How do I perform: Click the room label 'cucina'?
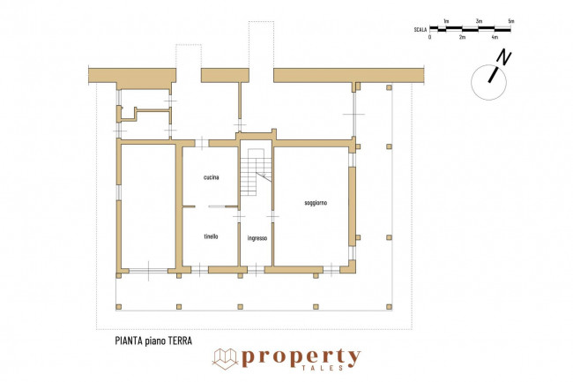(212, 177)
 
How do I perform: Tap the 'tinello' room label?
(211, 236)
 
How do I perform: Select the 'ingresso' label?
(257, 238)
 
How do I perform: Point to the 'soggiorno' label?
(316, 203)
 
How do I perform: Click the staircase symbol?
(257, 172)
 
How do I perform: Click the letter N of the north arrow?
(504, 57)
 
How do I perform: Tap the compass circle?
(488, 83)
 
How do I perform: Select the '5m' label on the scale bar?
(511, 21)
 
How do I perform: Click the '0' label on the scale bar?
(430, 37)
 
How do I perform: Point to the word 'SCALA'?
(420, 30)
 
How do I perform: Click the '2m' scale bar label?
(462, 37)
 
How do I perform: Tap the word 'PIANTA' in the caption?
(129, 341)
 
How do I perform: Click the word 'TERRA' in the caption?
(180, 341)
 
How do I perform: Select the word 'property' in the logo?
(301, 357)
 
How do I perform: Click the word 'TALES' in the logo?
(323, 368)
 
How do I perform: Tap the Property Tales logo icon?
(225, 359)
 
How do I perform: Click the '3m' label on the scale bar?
(479, 21)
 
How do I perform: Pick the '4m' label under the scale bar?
(495, 37)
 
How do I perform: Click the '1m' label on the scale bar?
(446, 21)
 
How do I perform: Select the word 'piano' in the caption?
(155, 341)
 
